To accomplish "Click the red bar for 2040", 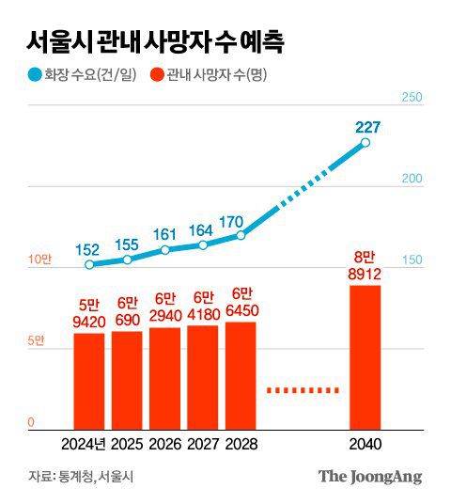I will [x=365, y=356].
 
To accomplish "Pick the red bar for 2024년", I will [x=89, y=381].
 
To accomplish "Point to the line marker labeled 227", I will [x=365, y=144].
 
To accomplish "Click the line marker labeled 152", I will [x=89, y=265].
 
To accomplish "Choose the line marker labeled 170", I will [x=241, y=235].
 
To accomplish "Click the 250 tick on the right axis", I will [x=412, y=98].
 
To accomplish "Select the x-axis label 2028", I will [x=241, y=444].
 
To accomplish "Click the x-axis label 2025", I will [x=128, y=444].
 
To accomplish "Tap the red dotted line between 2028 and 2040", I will [x=302, y=389].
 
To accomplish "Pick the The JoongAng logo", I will [x=369, y=476].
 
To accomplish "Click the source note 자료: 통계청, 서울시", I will [x=81, y=476].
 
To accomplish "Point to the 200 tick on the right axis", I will [x=412, y=179].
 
